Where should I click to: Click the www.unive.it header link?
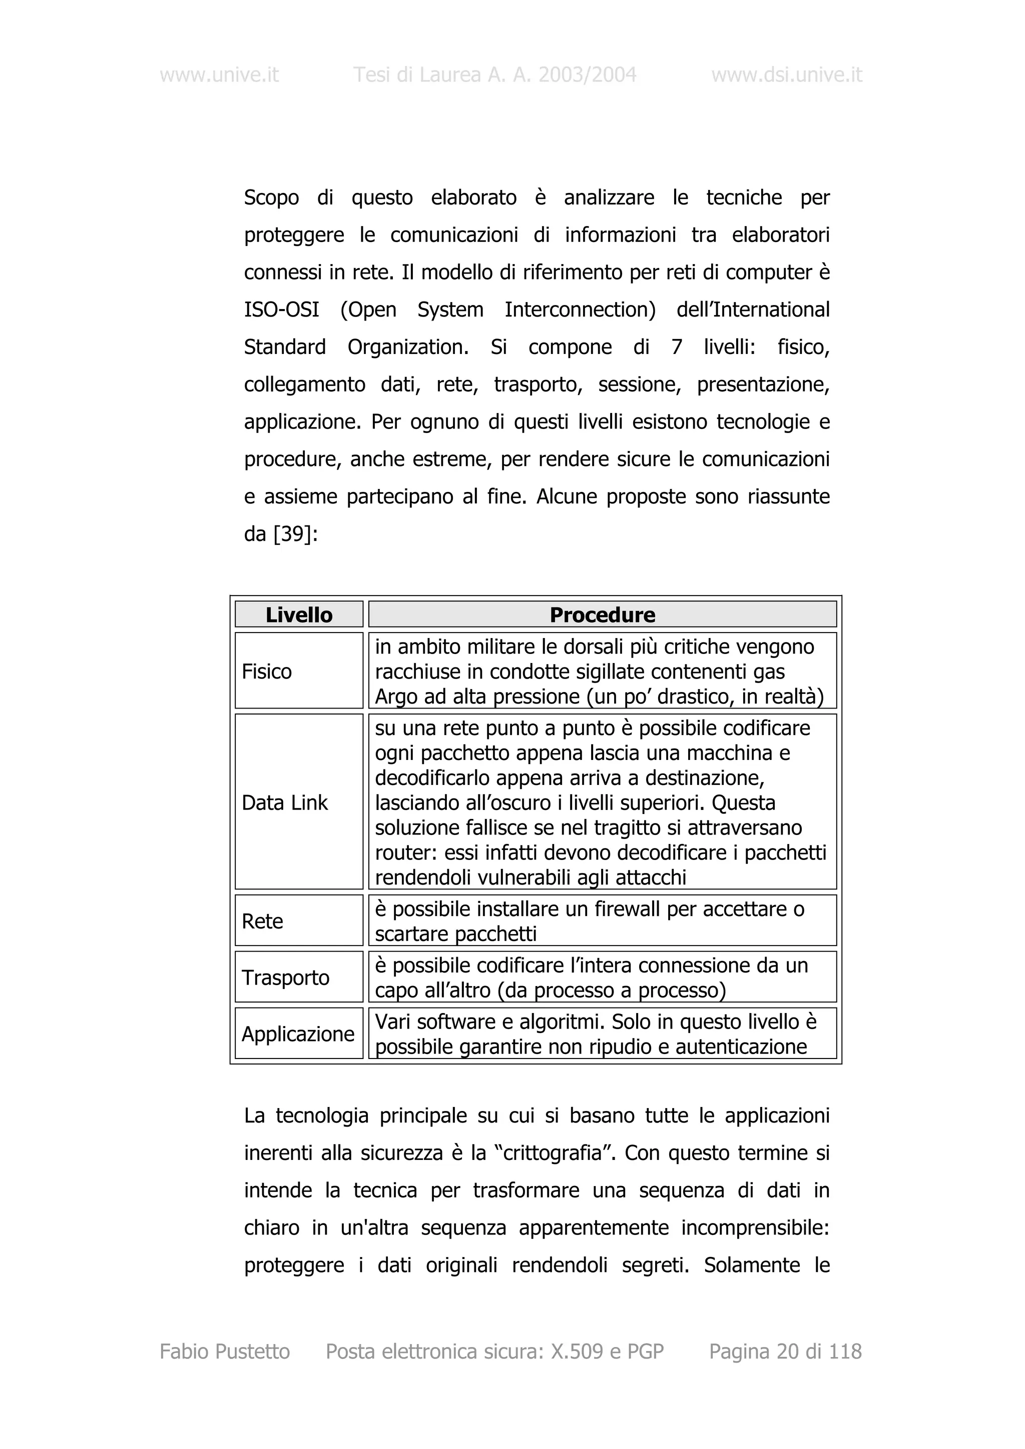tap(219, 75)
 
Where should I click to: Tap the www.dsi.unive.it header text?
tap(786, 75)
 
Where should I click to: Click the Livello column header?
tap(299, 614)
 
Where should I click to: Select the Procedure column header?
tap(602, 614)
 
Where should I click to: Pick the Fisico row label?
tap(267, 671)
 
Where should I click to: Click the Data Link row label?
tap(285, 803)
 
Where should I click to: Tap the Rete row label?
tap(262, 921)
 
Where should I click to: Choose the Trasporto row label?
tap(285, 977)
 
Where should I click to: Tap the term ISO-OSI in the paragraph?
tap(282, 310)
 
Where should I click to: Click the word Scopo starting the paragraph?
tap(271, 198)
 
